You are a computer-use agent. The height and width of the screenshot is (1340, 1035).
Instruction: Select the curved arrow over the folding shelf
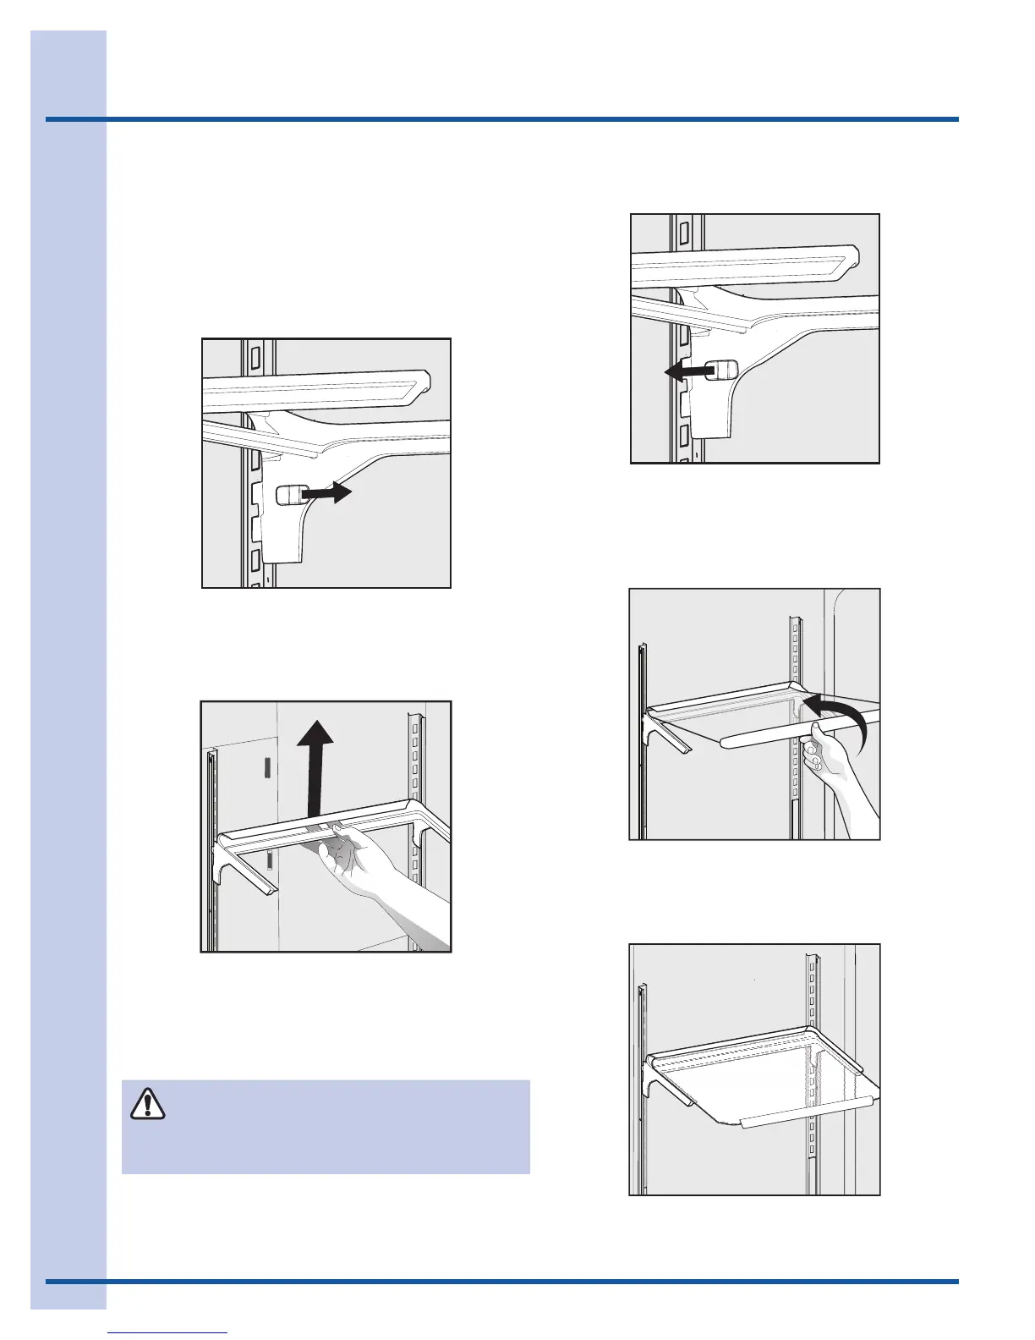coord(837,712)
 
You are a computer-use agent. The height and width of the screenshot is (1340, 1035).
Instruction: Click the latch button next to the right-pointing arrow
coord(290,495)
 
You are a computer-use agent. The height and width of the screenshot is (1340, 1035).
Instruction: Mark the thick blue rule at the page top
coord(502,119)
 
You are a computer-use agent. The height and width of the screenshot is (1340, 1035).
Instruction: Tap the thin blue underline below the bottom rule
coord(168,1333)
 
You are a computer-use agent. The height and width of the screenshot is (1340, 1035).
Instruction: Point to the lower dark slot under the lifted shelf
coord(270,861)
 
